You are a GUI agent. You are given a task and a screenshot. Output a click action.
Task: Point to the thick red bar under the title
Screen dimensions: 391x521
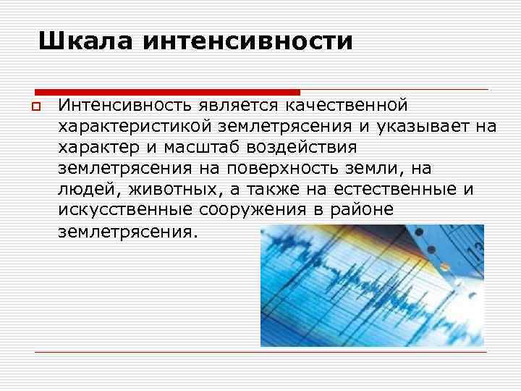(167, 92)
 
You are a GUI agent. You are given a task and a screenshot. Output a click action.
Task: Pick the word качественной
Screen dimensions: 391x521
(347, 107)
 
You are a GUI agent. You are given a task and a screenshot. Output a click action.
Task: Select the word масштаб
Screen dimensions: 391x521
(203, 148)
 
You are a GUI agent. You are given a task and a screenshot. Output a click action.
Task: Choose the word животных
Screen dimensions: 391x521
(162, 190)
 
